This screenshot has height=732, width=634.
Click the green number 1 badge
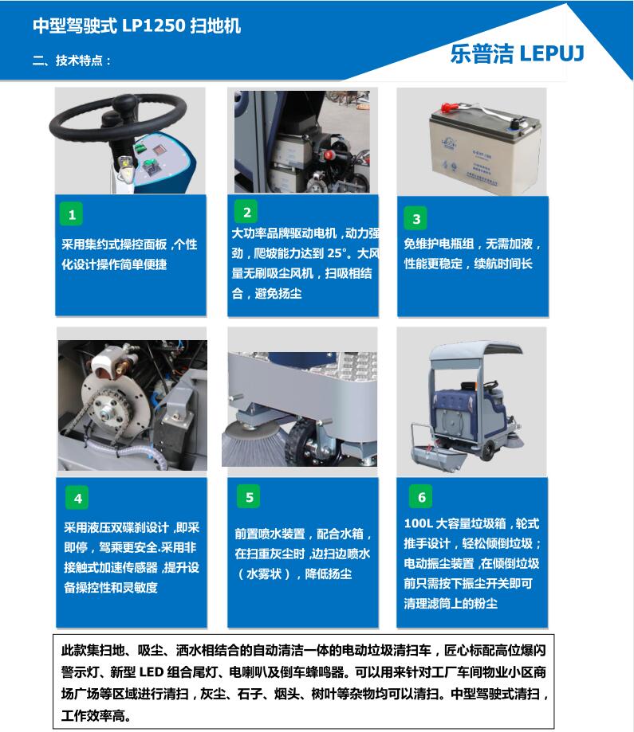pos(72,214)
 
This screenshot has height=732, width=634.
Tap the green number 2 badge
pos(247,212)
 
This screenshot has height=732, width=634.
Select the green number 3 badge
pos(415,218)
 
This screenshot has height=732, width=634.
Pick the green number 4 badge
pos(77,498)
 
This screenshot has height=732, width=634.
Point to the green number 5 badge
pos(249,497)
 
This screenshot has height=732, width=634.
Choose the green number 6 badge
pos(421,497)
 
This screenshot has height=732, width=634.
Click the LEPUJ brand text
pos(552,53)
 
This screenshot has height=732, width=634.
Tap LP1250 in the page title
pos(154,25)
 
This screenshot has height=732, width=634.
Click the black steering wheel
pos(118,118)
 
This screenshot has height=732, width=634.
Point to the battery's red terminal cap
pos(449,108)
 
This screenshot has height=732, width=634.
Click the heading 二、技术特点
pos(72,61)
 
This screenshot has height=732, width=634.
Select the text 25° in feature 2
pos(338,253)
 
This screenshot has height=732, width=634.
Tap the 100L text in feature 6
pos(418,523)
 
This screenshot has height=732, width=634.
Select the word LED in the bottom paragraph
pos(151,672)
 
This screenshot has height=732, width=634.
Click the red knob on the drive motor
pos(329,155)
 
